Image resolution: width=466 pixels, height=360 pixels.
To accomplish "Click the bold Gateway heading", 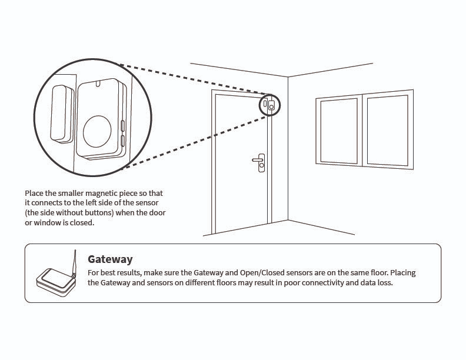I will tap(110, 259).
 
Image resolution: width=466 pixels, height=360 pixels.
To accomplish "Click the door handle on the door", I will tap(257, 159).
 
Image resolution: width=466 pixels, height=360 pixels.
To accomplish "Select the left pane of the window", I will tap(338, 131).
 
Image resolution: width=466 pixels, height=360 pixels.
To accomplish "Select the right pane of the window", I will tap(388, 130).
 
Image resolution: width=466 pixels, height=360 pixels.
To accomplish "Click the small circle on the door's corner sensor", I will tap(271, 106).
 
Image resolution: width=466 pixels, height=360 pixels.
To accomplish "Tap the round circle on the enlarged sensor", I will tap(96, 131).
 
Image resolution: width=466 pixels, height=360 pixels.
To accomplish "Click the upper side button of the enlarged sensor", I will tap(122, 125).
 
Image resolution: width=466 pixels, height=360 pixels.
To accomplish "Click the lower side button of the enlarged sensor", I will tap(122, 141).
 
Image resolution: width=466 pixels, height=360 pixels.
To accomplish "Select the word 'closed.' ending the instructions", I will tap(82, 223).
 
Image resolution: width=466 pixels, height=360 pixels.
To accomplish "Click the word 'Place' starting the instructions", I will tap(34, 193).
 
